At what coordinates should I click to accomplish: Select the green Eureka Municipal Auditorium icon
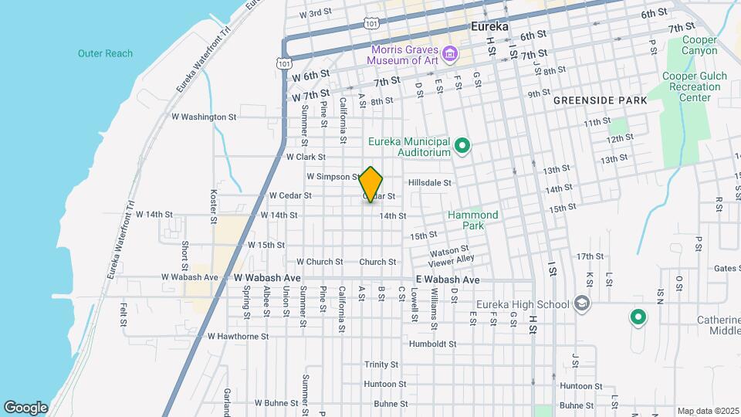[x=462, y=145]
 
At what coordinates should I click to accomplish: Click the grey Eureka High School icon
[x=582, y=303]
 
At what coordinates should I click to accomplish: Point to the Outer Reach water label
[x=105, y=53]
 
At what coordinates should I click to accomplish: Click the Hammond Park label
[x=473, y=220]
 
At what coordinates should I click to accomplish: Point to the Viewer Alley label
[x=452, y=259]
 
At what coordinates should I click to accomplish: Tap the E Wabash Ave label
[x=448, y=280]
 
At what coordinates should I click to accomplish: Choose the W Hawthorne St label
[x=238, y=337]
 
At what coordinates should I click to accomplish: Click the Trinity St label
[x=381, y=364]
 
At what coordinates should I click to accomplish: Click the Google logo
[x=25, y=407]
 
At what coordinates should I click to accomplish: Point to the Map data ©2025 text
[x=707, y=411]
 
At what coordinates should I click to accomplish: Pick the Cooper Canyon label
[x=699, y=46]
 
